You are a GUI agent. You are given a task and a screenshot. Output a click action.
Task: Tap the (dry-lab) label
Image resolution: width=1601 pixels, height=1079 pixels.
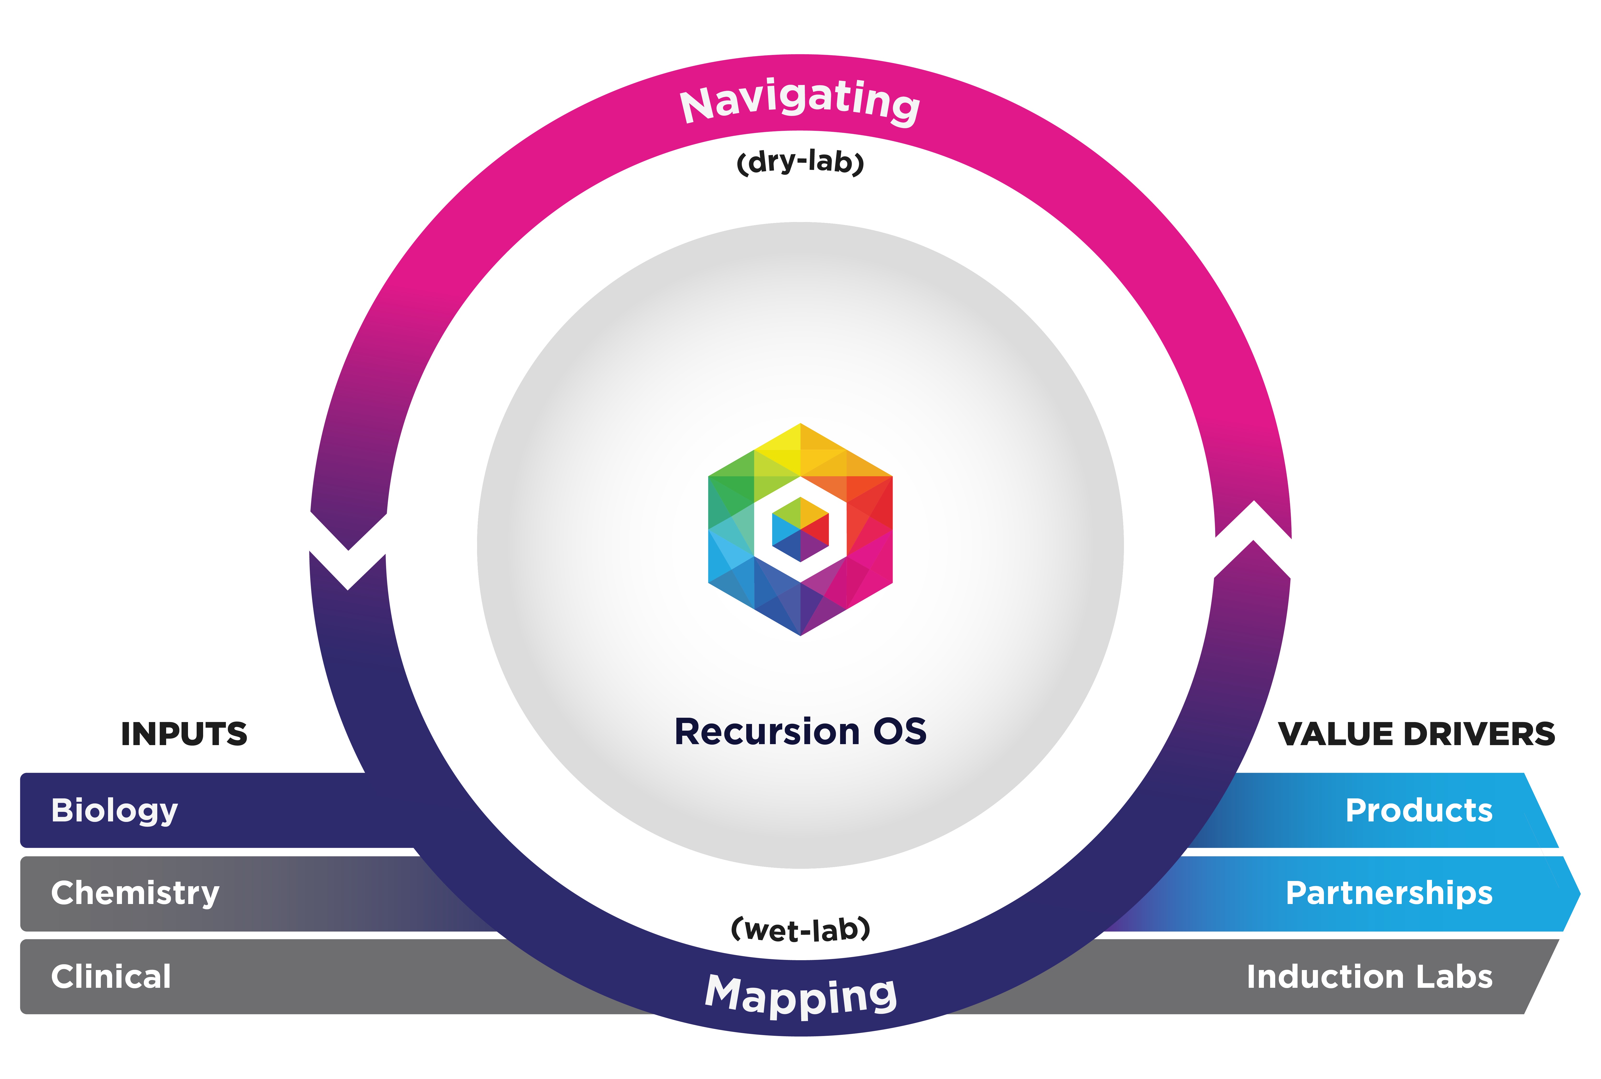800,163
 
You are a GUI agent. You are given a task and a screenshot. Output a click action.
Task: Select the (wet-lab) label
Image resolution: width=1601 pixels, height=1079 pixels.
800,930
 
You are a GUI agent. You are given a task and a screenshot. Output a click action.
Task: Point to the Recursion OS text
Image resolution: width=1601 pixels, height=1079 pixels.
800,731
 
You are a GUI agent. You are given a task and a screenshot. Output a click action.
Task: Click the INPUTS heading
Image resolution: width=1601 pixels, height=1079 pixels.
184,734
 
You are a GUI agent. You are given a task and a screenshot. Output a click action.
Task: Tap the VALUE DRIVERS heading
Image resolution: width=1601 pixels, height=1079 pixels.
1416,734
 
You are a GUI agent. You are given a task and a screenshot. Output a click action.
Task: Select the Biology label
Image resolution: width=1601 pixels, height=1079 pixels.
114,811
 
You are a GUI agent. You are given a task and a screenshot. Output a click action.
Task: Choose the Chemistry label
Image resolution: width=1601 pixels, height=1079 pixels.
135,893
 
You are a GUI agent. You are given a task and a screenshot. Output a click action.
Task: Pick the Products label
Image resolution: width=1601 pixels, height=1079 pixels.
1419,811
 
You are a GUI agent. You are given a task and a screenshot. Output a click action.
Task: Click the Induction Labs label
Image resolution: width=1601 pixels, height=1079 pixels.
1369,977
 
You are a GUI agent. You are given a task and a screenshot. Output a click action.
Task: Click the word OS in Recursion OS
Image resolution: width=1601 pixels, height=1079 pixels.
900,731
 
